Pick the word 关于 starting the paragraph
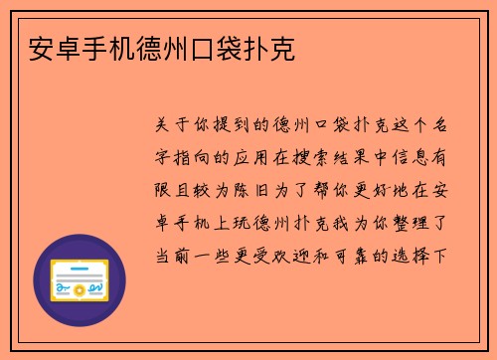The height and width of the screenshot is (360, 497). [168, 124]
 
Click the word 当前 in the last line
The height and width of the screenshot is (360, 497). [168, 252]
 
